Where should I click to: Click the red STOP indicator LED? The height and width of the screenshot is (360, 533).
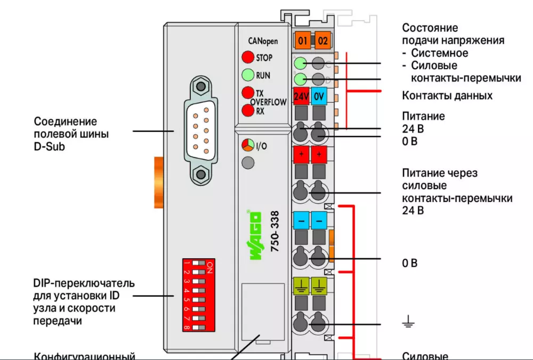(248, 57)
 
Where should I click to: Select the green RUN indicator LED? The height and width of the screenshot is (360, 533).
(248, 75)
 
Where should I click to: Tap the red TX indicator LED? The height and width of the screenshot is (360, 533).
(247, 93)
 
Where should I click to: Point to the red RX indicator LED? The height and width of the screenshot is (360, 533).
(247, 111)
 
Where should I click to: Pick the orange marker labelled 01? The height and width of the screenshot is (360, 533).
(302, 40)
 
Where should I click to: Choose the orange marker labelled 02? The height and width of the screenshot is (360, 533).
(321, 40)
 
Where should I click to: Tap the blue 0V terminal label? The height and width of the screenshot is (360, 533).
(319, 97)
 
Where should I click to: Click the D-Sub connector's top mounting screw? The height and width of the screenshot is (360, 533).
(200, 86)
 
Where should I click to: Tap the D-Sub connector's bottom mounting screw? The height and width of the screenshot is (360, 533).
(200, 175)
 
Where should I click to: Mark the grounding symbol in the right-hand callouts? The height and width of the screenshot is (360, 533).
(408, 321)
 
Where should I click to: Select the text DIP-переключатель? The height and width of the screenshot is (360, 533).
(84, 283)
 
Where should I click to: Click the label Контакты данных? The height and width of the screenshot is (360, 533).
(447, 96)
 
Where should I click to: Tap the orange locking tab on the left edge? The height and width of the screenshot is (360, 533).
(158, 183)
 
